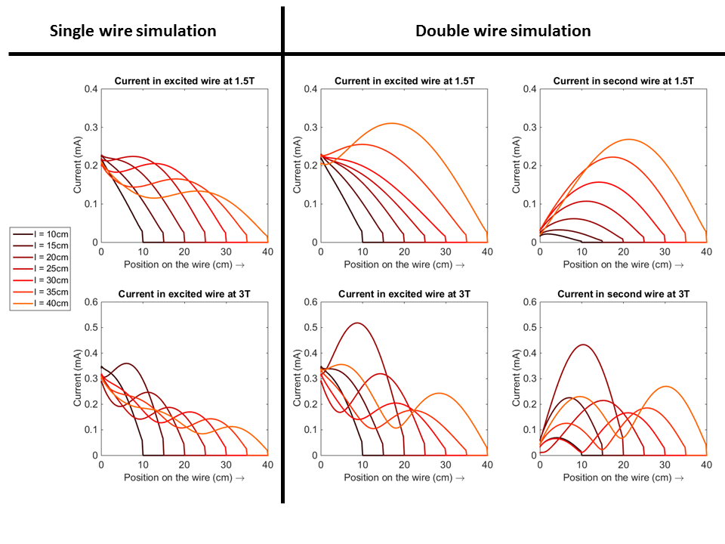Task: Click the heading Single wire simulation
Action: [133, 31]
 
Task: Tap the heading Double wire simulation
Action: [503, 31]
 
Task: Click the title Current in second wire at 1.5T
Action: [623, 81]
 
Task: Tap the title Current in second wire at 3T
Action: [623, 294]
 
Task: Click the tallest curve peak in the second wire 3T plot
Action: [582, 345]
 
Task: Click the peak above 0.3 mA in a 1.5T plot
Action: [391, 123]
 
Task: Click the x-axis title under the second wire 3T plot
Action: [623, 478]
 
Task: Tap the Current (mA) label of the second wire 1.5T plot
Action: [517, 165]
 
